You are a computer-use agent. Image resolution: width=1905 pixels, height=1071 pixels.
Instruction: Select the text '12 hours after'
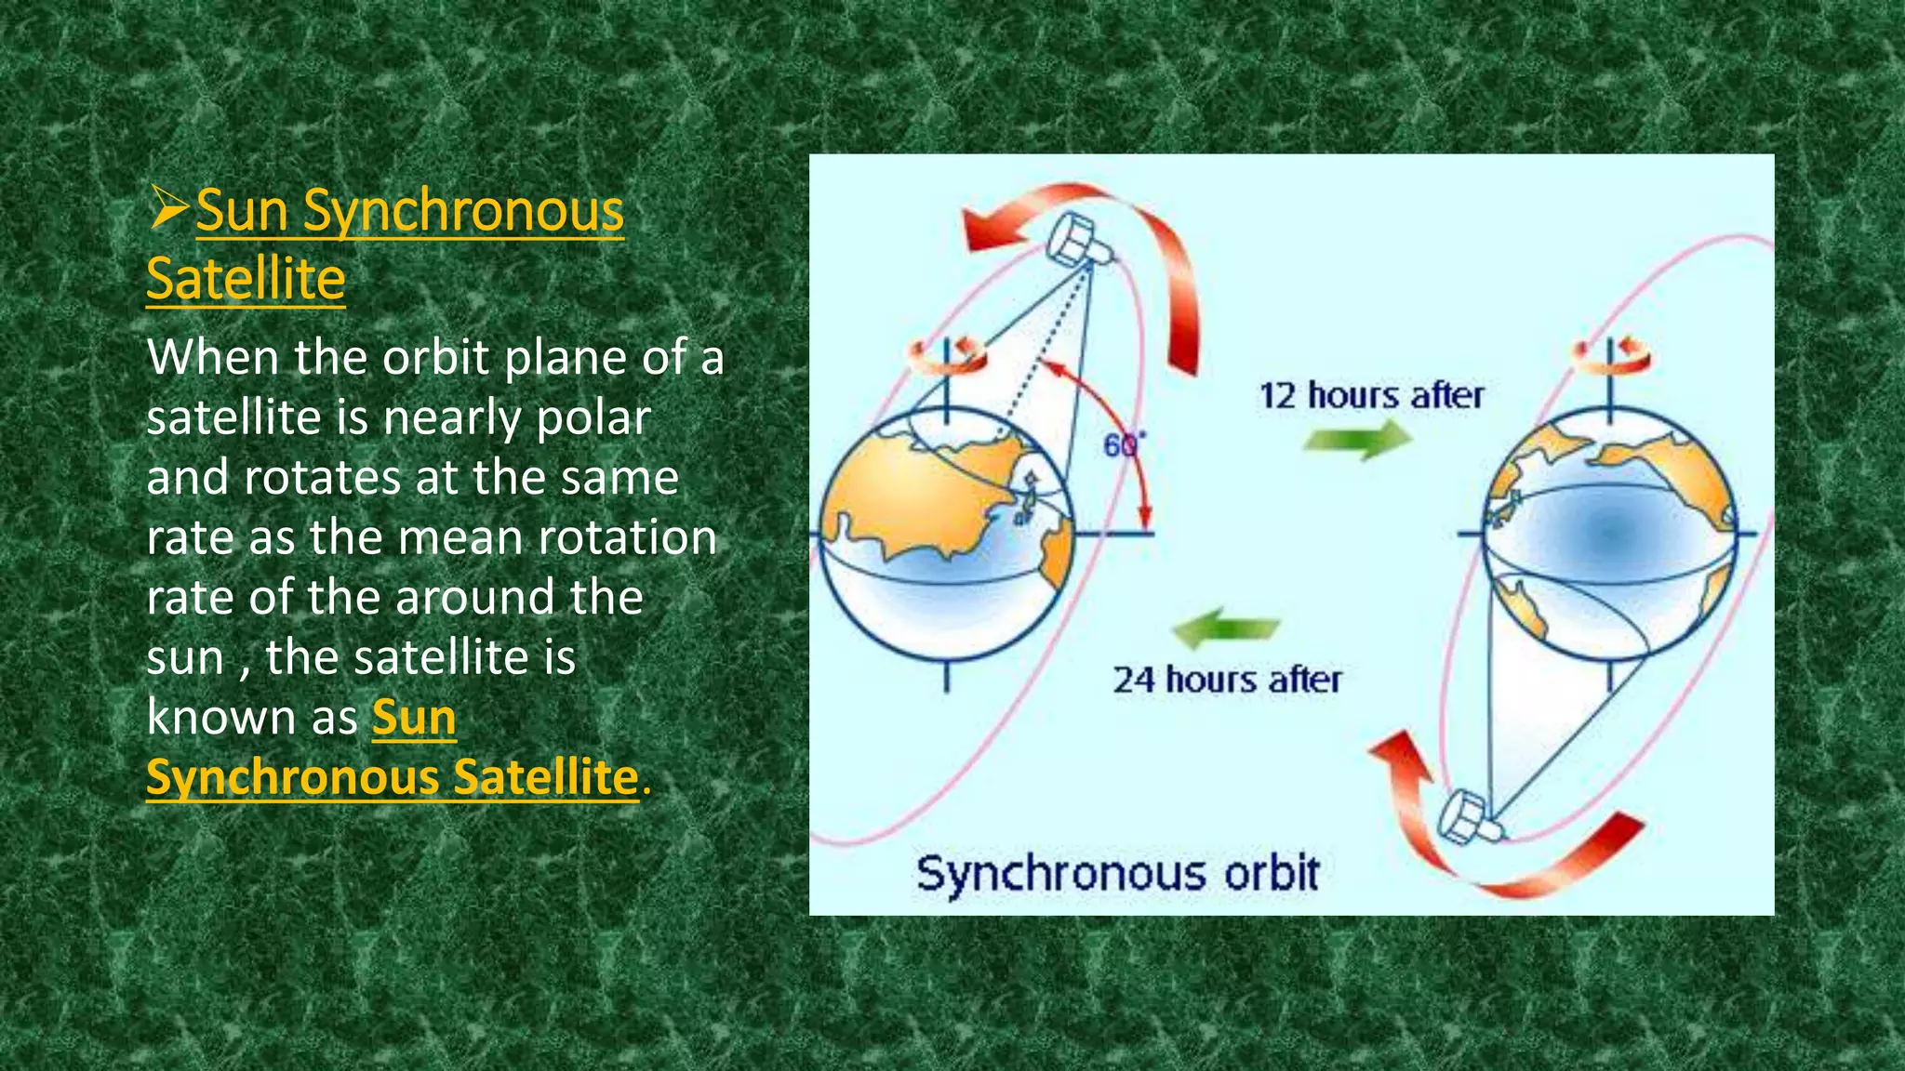coord(1371,395)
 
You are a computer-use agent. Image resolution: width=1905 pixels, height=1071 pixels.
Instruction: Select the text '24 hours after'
coord(1227,680)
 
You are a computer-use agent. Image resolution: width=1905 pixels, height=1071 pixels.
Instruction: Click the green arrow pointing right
coord(1358,439)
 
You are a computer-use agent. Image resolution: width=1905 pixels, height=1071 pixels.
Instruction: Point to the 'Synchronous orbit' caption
coord(1117,874)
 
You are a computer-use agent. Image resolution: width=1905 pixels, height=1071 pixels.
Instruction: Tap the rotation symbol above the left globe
coord(947,356)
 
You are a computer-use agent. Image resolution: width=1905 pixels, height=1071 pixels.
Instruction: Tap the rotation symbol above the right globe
coord(1611,354)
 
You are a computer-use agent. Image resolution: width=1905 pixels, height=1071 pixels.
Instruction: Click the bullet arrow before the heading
coord(168,208)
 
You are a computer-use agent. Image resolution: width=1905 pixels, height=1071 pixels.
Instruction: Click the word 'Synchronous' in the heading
coord(463,210)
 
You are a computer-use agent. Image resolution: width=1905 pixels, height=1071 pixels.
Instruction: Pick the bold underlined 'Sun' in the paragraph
coord(414,718)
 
